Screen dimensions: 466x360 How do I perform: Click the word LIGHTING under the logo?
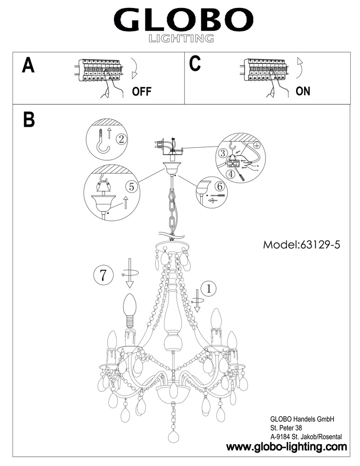coord(181,38)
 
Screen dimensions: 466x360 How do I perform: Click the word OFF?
coord(142,91)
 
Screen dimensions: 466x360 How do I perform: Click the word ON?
coord(303,91)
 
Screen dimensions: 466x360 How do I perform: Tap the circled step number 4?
coord(230,175)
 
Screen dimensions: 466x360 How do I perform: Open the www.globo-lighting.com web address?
coord(286,447)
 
